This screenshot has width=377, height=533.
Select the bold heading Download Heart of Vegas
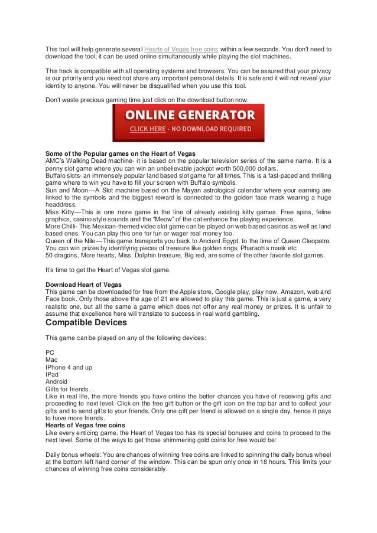click(84, 283)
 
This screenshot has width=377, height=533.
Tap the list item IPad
click(53, 374)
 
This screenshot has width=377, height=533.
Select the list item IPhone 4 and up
click(69, 367)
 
